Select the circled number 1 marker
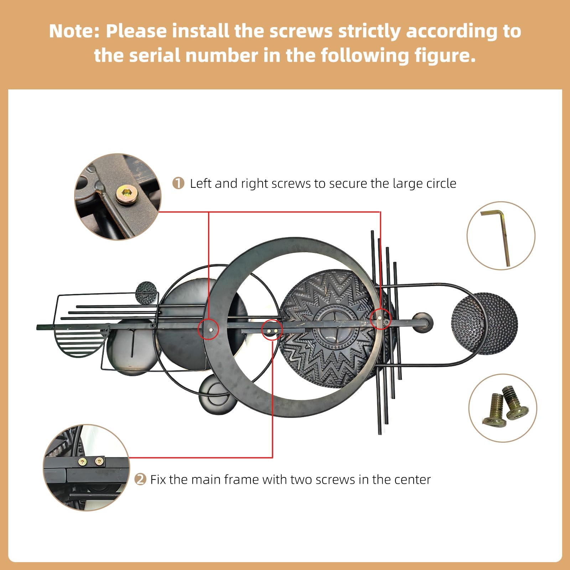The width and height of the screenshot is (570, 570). point(178,183)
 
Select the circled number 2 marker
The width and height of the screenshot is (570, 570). point(140,479)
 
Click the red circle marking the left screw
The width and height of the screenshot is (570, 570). point(209,328)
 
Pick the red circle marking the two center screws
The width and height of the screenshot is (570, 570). point(272,330)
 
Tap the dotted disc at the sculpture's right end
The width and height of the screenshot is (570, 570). point(484,324)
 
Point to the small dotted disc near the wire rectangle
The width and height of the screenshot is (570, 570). point(146,293)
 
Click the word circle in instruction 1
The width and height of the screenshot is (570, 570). point(441,183)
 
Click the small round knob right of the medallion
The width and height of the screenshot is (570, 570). point(422,323)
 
